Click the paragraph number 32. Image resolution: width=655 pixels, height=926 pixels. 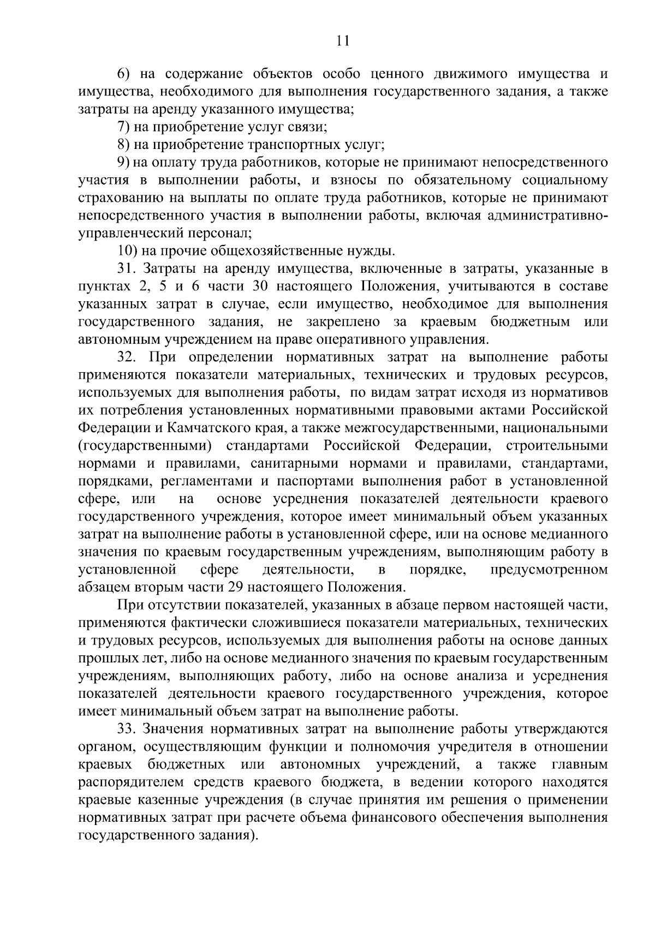126,357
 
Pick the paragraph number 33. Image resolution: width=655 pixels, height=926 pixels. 126,729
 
